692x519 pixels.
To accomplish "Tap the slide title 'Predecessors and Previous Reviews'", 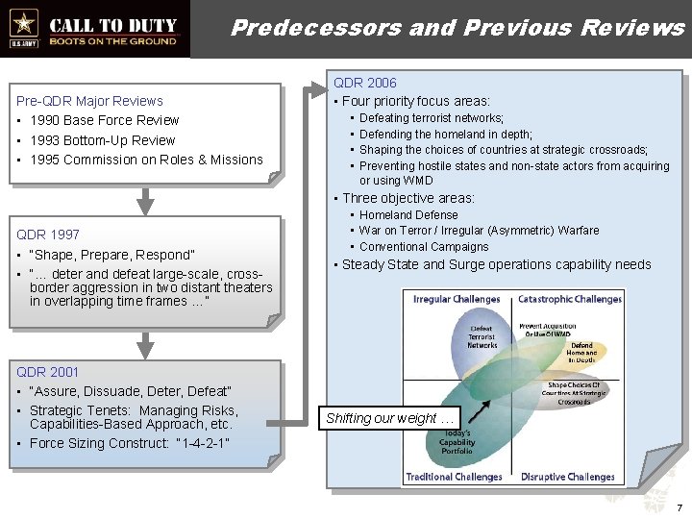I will tap(457, 27).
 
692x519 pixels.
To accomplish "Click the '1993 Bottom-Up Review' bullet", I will tap(103, 140).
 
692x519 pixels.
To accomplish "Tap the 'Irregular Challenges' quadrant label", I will tap(457, 299).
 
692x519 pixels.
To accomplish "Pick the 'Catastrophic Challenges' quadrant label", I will tap(570, 299).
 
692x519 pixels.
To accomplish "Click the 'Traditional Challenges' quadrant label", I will tap(454, 477).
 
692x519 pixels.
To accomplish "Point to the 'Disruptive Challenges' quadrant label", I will tap(568, 477).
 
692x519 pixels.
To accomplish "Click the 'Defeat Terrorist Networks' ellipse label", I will tap(482, 337).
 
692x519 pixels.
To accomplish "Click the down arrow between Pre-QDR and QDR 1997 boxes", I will tap(144, 199).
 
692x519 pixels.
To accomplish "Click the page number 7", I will tap(679, 507).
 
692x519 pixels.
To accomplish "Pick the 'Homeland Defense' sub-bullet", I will tap(408, 215).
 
